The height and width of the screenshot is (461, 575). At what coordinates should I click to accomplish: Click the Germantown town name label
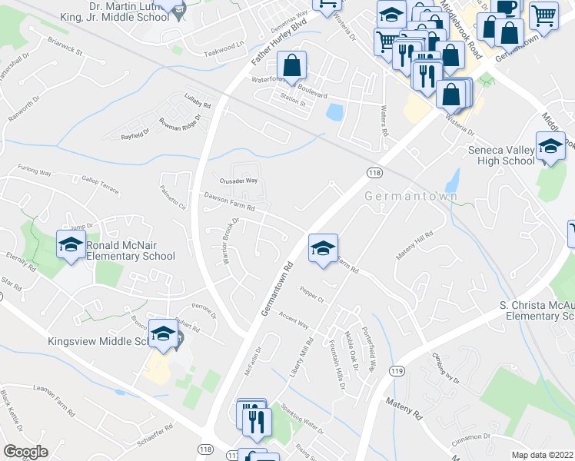[x=411, y=196]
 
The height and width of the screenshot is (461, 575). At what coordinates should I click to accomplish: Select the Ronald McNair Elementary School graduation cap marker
[x=71, y=245]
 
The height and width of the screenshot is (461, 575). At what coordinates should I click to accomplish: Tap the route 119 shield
[x=397, y=371]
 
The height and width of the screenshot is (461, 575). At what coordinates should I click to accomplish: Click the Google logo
[x=25, y=452]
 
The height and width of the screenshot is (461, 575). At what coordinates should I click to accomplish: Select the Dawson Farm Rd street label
[x=229, y=201]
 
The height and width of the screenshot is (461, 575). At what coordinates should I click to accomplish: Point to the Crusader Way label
[x=238, y=181]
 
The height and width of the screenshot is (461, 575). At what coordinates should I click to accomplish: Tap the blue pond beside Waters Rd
[x=334, y=113]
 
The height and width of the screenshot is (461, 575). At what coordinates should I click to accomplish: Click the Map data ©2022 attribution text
[x=542, y=454]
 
